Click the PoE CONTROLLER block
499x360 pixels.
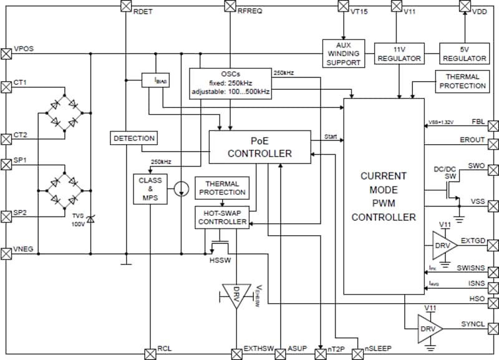click(259, 147)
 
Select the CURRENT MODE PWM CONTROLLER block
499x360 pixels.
click(383, 197)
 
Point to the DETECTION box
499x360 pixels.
click(134, 137)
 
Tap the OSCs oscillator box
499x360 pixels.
click(231, 83)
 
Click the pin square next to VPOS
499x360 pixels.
click(7, 53)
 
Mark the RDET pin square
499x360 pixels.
click(125, 6)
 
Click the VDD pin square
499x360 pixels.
click(463, 6)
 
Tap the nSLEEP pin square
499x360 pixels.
click(357, 354)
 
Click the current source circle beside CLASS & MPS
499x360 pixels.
click(180, 188)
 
